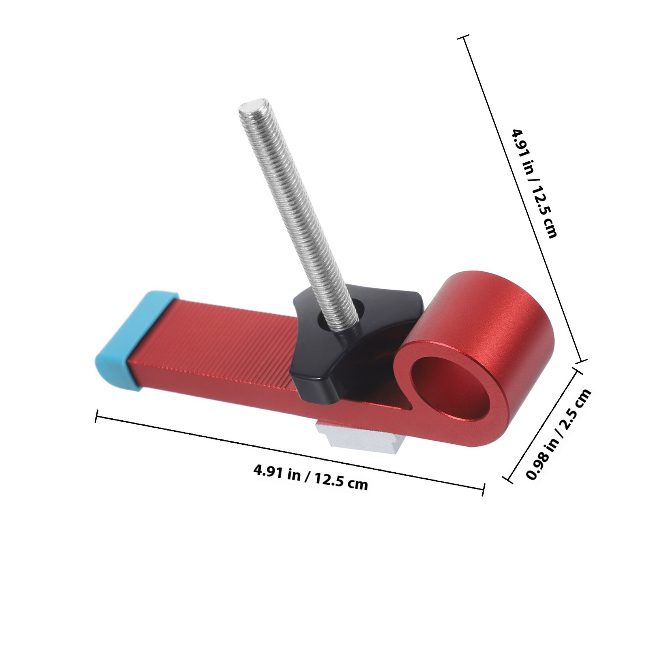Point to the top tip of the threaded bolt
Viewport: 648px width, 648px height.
click(x=252, y=104)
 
